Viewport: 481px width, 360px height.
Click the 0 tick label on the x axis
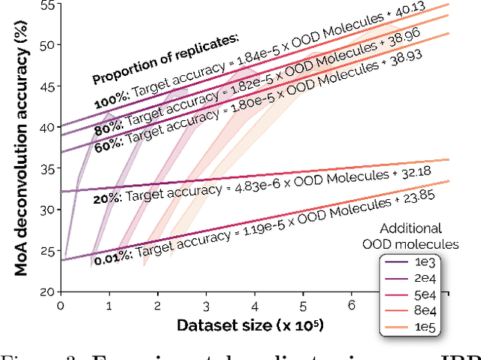(60, 306)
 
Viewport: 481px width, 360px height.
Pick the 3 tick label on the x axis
(206, 306)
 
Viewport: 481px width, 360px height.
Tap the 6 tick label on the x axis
(352, 306)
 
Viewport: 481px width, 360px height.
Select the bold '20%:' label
(107, 198)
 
